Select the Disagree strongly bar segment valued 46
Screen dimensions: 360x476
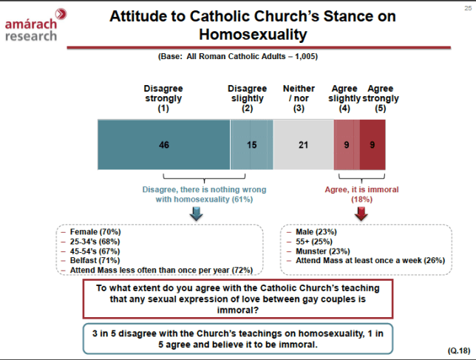coord(163,144)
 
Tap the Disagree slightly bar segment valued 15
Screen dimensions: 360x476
coord(251,144)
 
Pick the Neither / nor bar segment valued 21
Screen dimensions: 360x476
coord(302,144)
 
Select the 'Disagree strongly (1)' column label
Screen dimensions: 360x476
coord(163,98)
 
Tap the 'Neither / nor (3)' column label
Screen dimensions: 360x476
coord(299,98)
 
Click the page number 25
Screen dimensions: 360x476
coord(467,6)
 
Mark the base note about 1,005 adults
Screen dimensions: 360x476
coord(238,57)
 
